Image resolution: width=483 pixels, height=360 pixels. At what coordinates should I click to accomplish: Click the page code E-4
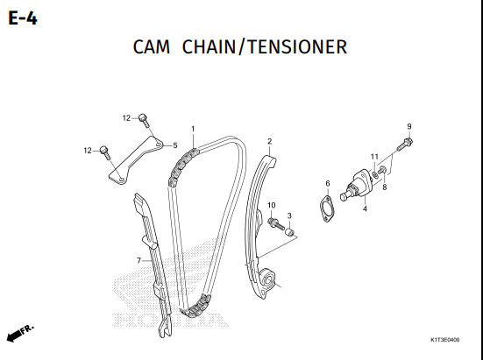[x=23, y=18]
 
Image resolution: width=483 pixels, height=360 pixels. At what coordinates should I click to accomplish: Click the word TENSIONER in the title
[x=297, y=47]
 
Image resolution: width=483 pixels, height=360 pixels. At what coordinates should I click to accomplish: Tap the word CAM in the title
[x=152, y=47]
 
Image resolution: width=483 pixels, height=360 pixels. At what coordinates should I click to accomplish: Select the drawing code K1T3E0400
[x=444, y=340]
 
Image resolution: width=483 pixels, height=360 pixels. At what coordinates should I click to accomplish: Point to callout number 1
[x=193, y=129]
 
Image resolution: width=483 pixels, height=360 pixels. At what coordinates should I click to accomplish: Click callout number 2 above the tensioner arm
[x=269, y=141]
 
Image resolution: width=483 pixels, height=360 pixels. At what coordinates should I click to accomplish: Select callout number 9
[x=409, y=126]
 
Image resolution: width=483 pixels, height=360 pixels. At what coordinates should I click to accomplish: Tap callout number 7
[x=139, y=261]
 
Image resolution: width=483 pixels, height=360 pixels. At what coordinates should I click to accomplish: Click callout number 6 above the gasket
[x=328, y=183]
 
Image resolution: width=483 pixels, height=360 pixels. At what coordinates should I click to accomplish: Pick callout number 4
[x=365, y=208]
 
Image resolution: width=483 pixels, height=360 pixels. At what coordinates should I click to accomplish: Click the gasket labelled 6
[x=327, y=209]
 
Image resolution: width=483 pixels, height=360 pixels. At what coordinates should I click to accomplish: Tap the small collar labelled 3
[x=289, y=232]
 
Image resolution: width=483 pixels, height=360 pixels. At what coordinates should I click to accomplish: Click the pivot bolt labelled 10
[x=276, y=223]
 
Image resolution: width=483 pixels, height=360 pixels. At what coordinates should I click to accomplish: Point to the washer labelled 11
[x=375, y=174]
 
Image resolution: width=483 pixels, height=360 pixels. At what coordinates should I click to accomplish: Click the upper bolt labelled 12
[x=144, y=120]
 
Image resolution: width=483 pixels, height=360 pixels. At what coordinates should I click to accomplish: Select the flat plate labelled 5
[x=136, y=160]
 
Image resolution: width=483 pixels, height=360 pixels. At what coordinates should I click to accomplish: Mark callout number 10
[x=272, y=205]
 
